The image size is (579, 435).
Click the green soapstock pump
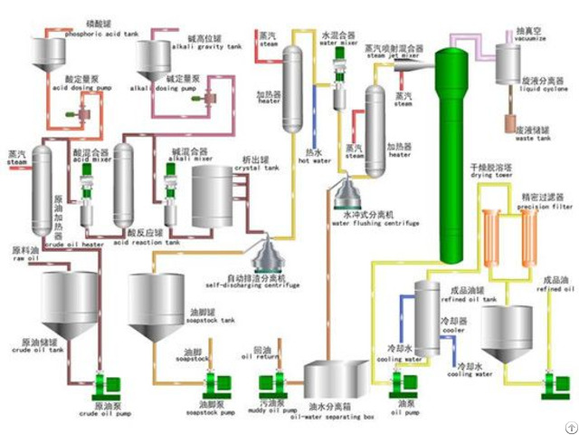[x=213, y=387]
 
